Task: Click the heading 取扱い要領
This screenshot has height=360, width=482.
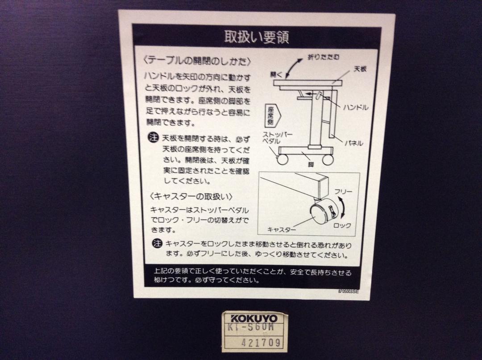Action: pos(256,37)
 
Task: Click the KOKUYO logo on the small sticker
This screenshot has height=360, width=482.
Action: pos(254,318)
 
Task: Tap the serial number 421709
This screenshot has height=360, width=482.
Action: pos(261,343)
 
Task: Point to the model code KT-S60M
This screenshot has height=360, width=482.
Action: pos(250,327)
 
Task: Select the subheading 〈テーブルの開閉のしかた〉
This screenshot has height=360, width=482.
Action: pos(197,61)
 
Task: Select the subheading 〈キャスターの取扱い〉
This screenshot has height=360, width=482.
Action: pos(191,197)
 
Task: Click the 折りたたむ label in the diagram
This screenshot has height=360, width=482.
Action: pos(324,57)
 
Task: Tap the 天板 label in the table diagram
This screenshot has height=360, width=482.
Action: pos(360,69)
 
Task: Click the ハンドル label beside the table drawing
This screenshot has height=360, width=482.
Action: pos(355,107)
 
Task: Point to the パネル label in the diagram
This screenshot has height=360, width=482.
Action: pos(353,143)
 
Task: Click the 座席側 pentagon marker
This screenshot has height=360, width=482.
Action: pos(272,116)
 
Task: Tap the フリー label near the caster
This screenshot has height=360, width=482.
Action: pos(343,192)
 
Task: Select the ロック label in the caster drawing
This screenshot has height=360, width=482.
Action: pos(342,226)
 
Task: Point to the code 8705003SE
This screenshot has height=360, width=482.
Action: pos(348,291)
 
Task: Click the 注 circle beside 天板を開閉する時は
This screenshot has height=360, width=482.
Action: pos(153,137)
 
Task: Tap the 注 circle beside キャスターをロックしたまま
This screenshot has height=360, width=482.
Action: pos(157,243)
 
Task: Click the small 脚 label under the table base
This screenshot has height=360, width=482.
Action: pos(311,165)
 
